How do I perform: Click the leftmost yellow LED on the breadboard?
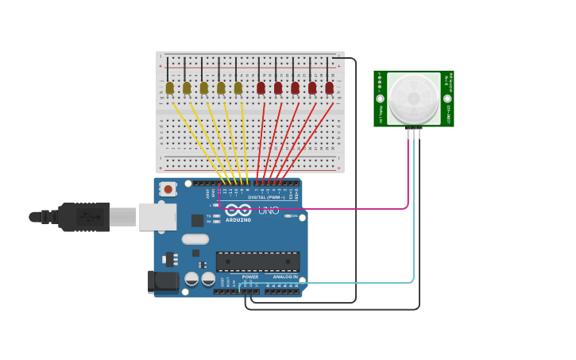pos(169,87)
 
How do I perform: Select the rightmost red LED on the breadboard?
pos(329,87)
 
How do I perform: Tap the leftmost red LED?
pos(261,87)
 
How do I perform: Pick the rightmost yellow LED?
pos(238,87)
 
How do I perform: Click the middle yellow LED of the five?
pos(203,87)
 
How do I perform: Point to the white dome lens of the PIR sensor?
pos(413,99)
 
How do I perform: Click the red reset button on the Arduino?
pos(168,189)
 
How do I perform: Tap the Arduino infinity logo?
pos(238,211)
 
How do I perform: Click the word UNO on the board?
pos(269,211)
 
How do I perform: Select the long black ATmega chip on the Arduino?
pos(257,261)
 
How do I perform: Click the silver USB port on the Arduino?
pos(157,216)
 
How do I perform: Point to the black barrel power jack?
pos(164,281)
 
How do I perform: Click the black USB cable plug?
pos(84,217)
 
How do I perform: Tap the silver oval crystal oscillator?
pos(195,239)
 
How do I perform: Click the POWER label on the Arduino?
pos(239,277)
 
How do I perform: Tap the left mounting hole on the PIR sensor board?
pos(381,99)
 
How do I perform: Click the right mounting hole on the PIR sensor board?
pos(446,99)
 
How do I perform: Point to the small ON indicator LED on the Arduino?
pos(290,216)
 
